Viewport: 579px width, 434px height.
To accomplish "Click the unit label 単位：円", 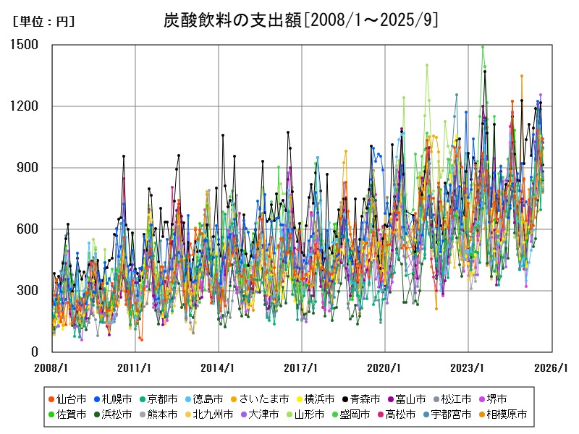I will (x=43, y=22).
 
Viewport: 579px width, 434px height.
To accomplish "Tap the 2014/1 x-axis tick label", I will (x=219, y=367).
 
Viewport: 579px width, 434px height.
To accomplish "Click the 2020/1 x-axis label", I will (x=384, y=367).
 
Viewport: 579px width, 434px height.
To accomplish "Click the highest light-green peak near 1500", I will (x=483, y=46).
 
